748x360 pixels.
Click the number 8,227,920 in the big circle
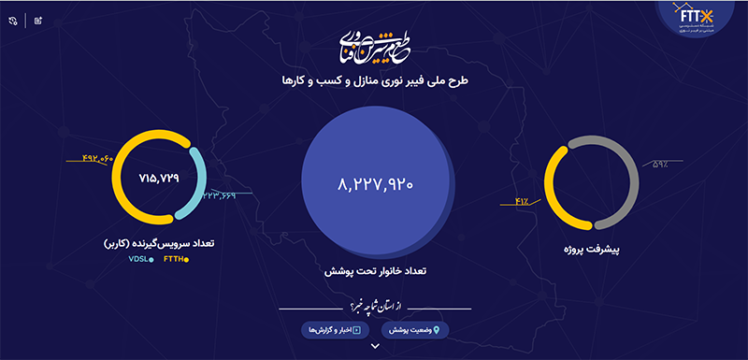374,183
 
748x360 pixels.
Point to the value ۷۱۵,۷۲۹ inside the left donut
158,177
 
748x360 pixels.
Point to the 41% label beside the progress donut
522,199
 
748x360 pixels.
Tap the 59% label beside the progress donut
659,166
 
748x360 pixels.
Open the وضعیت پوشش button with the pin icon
411,329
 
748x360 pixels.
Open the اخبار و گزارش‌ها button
335,329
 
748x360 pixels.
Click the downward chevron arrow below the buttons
374,347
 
